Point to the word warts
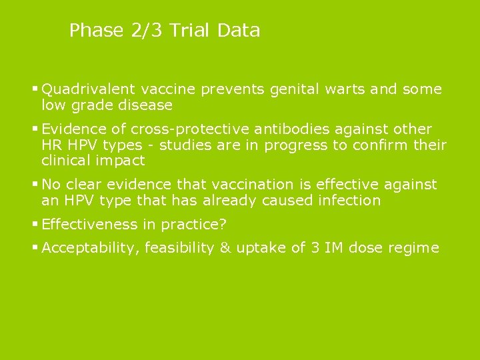pos(345,89)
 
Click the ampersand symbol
pos(225,249)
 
